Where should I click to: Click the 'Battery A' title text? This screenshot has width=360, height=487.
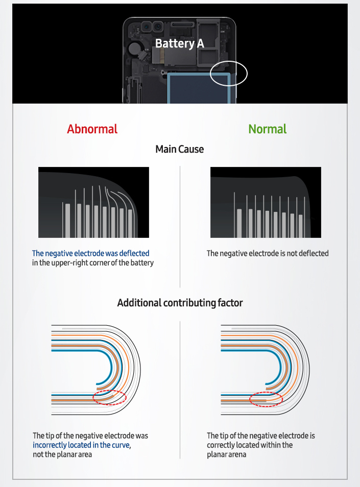coord(179,43)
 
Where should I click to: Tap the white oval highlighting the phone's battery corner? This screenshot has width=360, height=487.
coord(229,74)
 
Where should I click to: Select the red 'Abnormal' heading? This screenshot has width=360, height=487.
coord(92,129)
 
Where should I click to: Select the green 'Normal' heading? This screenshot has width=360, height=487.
coord(267,129)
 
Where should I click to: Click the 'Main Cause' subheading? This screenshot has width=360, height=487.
coord(179,149)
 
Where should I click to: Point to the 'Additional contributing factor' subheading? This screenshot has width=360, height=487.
coord(180,303)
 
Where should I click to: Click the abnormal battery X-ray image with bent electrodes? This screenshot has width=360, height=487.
coord(93,202)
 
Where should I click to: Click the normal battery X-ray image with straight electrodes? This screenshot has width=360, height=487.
coord(266,202)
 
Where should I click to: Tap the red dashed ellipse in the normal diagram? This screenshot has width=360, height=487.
coord(266,398)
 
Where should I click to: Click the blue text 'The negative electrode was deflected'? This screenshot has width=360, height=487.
coord(90,253)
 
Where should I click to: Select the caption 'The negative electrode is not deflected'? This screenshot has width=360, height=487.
coord(267,253)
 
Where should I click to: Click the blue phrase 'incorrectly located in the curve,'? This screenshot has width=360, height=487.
coord(82,445)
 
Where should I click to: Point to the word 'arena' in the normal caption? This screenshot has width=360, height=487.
coord(236,454)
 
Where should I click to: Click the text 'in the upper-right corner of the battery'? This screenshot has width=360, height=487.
coord(92,263)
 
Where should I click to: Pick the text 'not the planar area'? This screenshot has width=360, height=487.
coord(62,454)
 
